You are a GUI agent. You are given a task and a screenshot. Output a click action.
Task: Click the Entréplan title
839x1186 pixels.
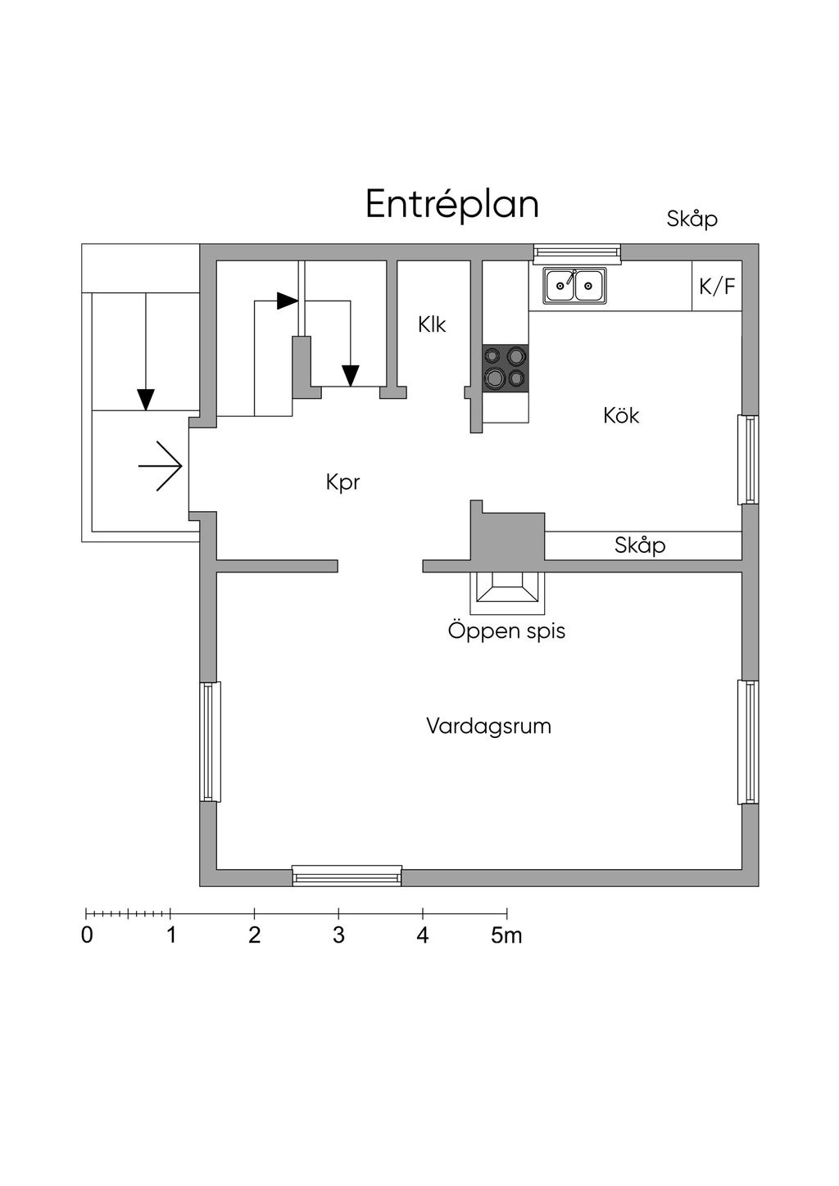(x=451, y=204)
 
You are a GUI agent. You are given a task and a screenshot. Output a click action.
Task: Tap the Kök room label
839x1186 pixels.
(x=621, y=415)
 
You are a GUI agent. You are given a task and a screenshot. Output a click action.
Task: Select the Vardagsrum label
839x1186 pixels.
(x=488, y=726)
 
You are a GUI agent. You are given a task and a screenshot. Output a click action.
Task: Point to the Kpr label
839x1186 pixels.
(x=342, y=482)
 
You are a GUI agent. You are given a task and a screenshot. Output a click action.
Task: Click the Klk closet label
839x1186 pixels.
(x=432, y=324)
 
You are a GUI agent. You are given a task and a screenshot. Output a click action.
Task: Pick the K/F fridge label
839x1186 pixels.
(x=717, y=287)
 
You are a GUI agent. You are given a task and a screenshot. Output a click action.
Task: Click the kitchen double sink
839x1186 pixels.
(x=575, y=286)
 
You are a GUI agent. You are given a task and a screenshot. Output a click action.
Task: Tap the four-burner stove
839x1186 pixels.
(x=505, y=367)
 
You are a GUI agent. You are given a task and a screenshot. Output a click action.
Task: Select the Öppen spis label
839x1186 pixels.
(x=506, y=631)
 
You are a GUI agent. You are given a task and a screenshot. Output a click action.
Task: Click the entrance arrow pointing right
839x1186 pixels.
(x=160, y=466)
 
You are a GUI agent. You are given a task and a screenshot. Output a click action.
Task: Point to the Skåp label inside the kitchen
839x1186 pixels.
(x=640, y=545)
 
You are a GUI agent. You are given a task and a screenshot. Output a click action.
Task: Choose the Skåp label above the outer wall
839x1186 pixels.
(x=692, y=219)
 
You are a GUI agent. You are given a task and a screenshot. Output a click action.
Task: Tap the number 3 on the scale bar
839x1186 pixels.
(x=338, y=935)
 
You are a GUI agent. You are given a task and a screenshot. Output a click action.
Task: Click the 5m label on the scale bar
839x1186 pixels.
(x=506, y=935)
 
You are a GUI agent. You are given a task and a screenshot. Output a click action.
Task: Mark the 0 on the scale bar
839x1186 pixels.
(x=87, y=935)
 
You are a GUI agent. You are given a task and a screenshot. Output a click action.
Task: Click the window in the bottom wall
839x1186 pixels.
(x=347, y=876)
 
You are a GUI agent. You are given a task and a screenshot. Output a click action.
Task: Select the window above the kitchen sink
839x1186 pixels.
(x=577, y=252)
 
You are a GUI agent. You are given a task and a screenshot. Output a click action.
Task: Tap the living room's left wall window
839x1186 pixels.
(x=210, y=741)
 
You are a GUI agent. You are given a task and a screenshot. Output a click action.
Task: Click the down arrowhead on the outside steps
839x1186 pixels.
(x=146, y=400)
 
